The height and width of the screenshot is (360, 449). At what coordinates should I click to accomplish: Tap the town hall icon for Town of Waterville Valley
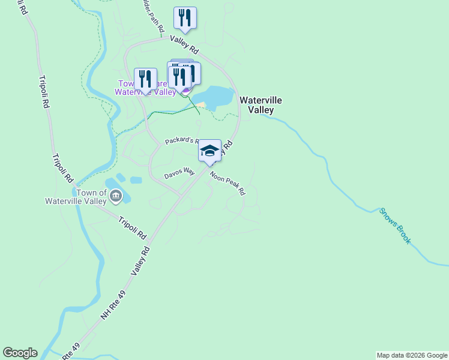click(x=116, y=196)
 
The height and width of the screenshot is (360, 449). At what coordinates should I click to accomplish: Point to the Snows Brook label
click(x=395, y=225)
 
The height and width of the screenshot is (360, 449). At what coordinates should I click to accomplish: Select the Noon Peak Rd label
click(x=228, y=183)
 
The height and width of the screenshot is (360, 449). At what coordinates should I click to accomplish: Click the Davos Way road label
click(x=180, y=173)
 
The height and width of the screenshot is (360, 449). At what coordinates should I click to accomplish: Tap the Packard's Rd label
click(x=181, y=141)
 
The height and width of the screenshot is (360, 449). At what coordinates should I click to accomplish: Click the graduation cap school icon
click(x=209, y=150)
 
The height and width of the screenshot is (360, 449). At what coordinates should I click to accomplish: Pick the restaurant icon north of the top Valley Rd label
click(x=185, y=17)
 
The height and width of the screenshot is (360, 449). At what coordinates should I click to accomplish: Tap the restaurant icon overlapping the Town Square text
click(x=145, y=79)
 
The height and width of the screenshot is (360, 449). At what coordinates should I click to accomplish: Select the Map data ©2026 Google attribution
click(x=412, y=355)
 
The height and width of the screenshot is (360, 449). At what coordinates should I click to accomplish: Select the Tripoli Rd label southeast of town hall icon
click(x=132, y=227)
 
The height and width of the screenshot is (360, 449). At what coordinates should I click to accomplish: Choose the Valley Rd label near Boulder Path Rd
click(x=184, y=46)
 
